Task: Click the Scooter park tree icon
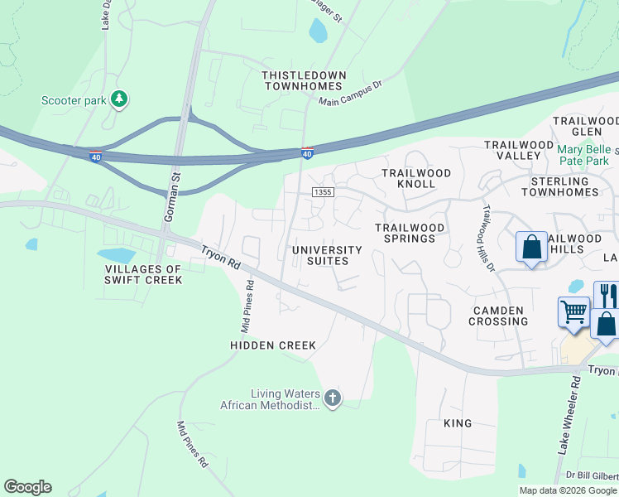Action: (120, 99)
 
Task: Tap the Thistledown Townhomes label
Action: (304, 80)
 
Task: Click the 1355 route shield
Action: (323, 192)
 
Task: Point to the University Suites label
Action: (328, 255)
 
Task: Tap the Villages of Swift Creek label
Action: (143, 274)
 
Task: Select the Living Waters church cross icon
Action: (332, 398)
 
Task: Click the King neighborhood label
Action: (458, 423)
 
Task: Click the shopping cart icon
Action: (573, 311)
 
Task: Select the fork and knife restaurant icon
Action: (607, 295)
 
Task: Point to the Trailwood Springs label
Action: (410, 233)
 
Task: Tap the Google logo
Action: (28, 487)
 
